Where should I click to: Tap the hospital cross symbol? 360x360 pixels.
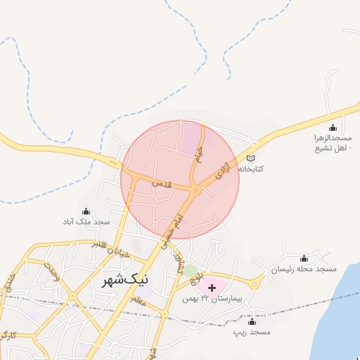point(212,288)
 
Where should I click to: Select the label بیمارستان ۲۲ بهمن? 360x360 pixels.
point(212,299)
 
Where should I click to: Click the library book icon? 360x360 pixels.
point(251,158)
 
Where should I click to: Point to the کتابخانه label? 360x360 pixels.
point(251,169)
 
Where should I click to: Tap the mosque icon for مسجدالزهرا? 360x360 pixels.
point(333,128)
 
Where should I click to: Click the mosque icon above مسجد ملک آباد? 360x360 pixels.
point(86,211)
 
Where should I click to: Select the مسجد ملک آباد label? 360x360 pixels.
point(86,221)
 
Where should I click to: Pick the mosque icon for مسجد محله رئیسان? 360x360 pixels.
point(304,259)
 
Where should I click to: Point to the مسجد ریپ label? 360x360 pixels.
point(253,331)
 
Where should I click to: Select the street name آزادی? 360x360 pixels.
point(221,169)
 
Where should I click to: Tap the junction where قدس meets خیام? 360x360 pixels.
point(195,189)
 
